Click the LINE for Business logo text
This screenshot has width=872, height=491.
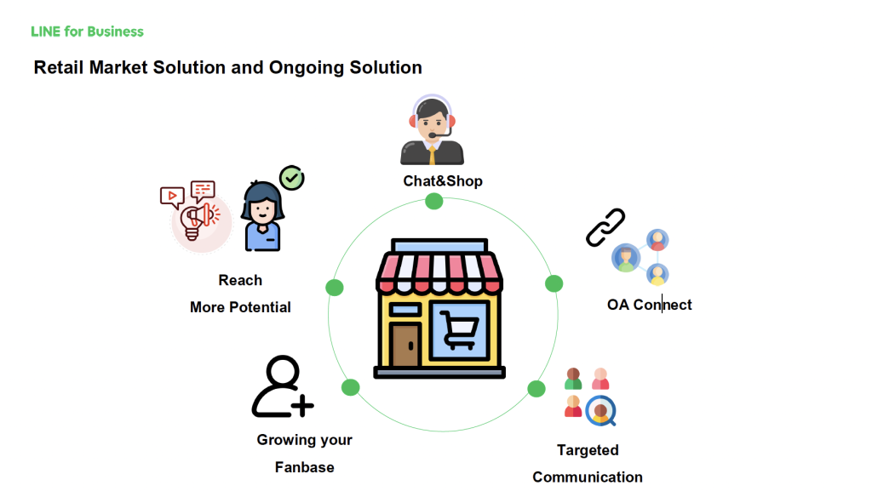point(88,31)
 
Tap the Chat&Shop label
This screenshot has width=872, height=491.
point(443,181)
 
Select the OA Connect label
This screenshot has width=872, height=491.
point(649,305)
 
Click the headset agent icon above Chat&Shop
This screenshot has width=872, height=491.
point(432,129)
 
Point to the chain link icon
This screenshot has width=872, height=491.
point(605,227)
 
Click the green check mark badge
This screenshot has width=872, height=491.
point(291,178)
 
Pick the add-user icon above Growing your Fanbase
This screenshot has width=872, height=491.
point(283,386)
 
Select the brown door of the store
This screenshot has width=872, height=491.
point(404,345)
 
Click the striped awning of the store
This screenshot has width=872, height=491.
point(439,272)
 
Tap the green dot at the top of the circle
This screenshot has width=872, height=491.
point(433,201)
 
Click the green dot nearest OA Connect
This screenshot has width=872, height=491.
point(554,284)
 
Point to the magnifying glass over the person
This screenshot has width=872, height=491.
point(601,412)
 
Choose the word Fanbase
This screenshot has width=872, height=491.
point(304,467)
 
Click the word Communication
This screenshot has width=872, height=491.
point(588,477)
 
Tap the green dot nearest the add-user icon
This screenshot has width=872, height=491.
point(350,387)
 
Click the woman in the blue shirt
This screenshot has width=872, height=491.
point(262,216)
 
